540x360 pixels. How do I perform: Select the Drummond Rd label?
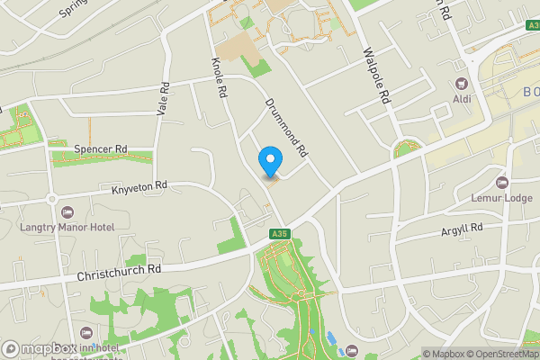pos(287,130)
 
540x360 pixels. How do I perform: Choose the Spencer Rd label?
pos(102,148)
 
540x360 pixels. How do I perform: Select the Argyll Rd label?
pos(462,229)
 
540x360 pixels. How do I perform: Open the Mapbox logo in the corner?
pos(40,348)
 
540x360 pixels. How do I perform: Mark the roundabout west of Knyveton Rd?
pos(52,199)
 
